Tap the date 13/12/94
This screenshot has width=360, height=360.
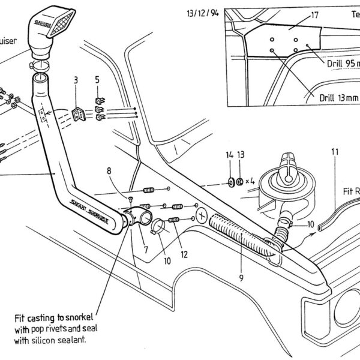[203, 11]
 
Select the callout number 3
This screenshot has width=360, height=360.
[76, 80]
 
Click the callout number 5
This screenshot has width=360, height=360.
[98, 80]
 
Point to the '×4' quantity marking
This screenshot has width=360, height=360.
[251, 181]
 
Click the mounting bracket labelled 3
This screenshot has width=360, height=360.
[79, 113]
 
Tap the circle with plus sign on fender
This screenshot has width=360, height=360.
[201, 214]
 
